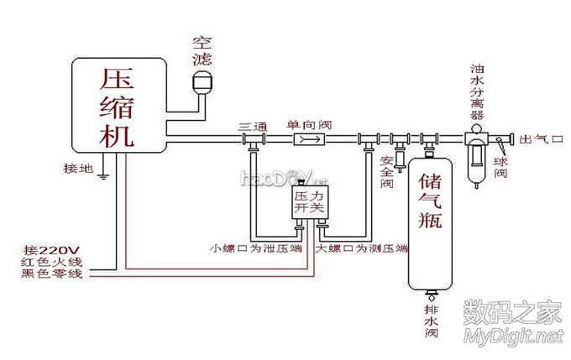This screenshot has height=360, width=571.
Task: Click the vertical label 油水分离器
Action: (x=477, y=91)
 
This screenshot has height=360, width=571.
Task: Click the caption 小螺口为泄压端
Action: (x=260, y=249)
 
